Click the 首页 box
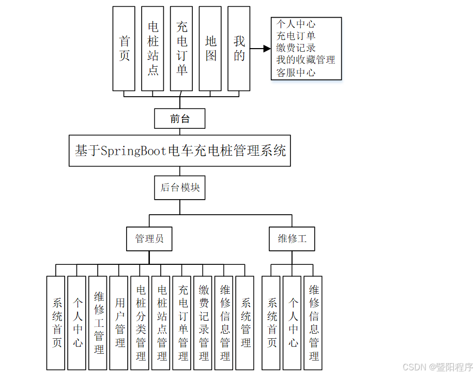click(x=124, y=49)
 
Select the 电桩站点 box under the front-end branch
click(x=152, y=49)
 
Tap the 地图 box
click(x=210, y=49)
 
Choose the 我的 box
click(x=239, y=49)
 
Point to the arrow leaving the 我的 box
click(x=261, y=49)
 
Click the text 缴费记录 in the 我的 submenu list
click(x=296, y=48)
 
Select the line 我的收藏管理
click(x=305, y=60)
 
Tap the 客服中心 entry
click(x=296, y=72)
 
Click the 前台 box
click(x=180, y=118)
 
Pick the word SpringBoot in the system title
click(x=133, y=151)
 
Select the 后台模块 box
click(x=180, y=187)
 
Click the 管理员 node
click(x=149, y=238)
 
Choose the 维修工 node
click(x=292, y=238)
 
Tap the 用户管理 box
click(x=120, y=323)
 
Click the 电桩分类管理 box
click(x=141, y=323)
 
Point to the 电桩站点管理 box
click(x=162, y=323)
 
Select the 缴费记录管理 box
click(x=204, y=323)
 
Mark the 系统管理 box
click(x=246, y=323)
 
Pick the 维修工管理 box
click(x=99, y=323)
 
